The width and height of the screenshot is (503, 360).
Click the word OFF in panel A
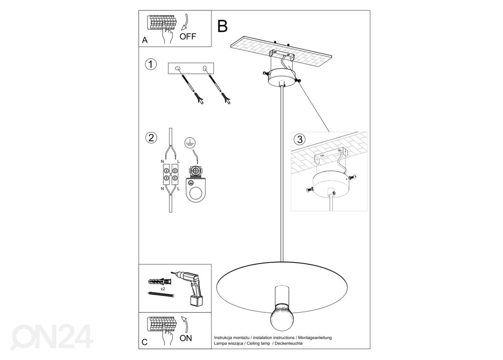click(187, 37)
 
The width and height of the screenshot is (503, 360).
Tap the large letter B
click(222, 26)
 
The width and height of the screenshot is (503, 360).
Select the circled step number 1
click(151, 64)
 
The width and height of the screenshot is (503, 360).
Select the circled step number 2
click(151, 138)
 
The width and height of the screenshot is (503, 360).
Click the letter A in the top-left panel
click(145, 40)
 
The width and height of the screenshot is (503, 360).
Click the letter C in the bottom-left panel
click(145, 342)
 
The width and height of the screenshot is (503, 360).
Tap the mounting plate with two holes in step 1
click(191, 68)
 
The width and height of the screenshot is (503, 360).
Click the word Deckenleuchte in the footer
click(289, 343)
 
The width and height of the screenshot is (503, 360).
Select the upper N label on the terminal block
click(162, 162)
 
